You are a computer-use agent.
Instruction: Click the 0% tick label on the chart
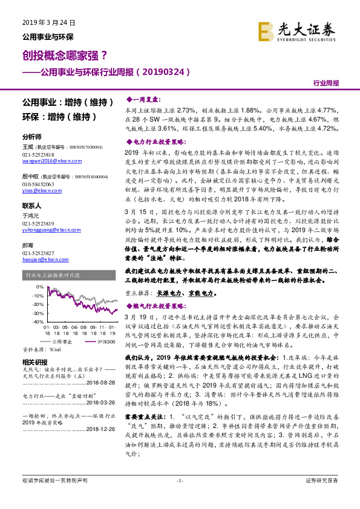(40, 287)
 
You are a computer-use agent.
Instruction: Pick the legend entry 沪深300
(105, 342)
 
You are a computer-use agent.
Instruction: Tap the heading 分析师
(31, 137)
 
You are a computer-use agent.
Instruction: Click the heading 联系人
(31, 206)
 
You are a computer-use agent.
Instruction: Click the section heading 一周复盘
(142, 99)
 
